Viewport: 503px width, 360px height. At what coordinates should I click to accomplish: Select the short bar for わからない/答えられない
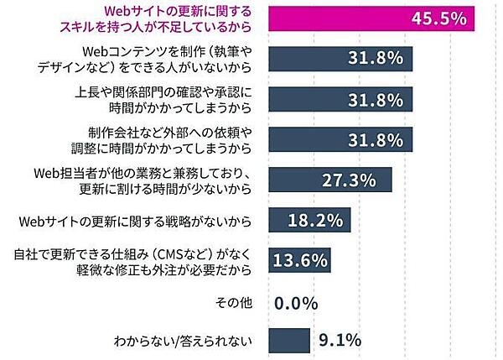point(288,340)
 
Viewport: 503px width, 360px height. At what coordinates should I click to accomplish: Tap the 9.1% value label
point(340,340)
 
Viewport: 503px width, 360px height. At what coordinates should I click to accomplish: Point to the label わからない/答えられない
point(182,341)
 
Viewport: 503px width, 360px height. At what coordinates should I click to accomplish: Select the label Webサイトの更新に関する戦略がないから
point(136,222)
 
